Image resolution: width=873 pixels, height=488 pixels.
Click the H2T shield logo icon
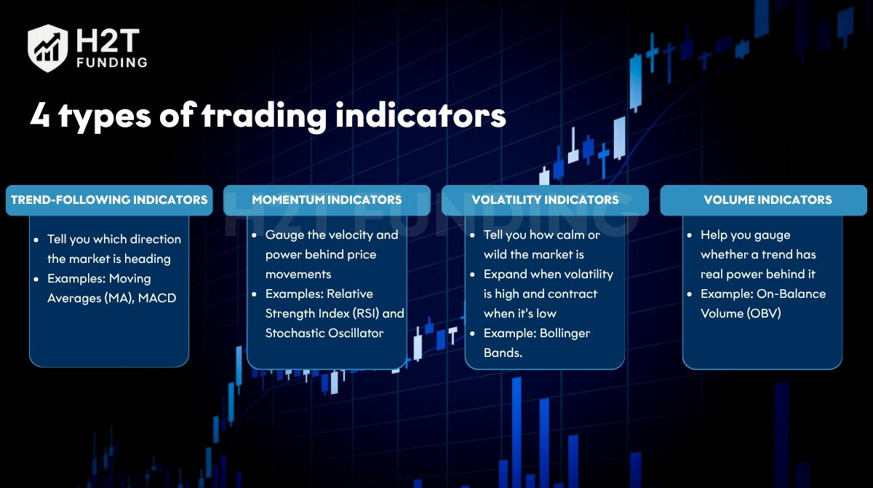point(47,48)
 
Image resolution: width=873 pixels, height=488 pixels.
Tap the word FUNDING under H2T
point(112,63)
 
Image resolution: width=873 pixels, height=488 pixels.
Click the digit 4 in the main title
point(40,115)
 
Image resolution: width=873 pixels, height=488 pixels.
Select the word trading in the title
point(264,116)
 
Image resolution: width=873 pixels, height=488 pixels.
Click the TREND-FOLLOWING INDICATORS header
point(109,200)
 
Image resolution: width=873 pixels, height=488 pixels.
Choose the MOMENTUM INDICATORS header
point(327,200)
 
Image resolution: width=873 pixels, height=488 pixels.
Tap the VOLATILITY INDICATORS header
point(545,200)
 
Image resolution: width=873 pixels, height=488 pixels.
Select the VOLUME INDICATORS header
point(768,200)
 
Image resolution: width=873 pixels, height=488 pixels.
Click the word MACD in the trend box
point(157,298)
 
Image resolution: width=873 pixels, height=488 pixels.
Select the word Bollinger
point(565,334)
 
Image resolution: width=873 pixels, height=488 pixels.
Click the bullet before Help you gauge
point(690,235)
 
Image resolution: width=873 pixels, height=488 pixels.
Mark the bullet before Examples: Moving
point(36,279)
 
